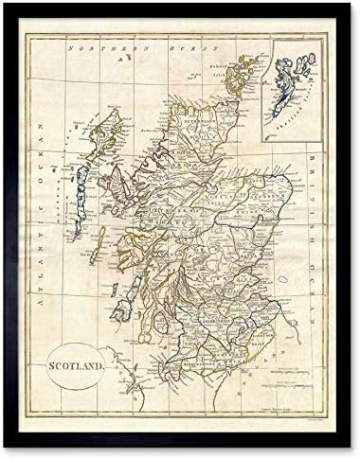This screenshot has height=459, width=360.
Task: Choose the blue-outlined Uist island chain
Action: pos(80,190)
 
